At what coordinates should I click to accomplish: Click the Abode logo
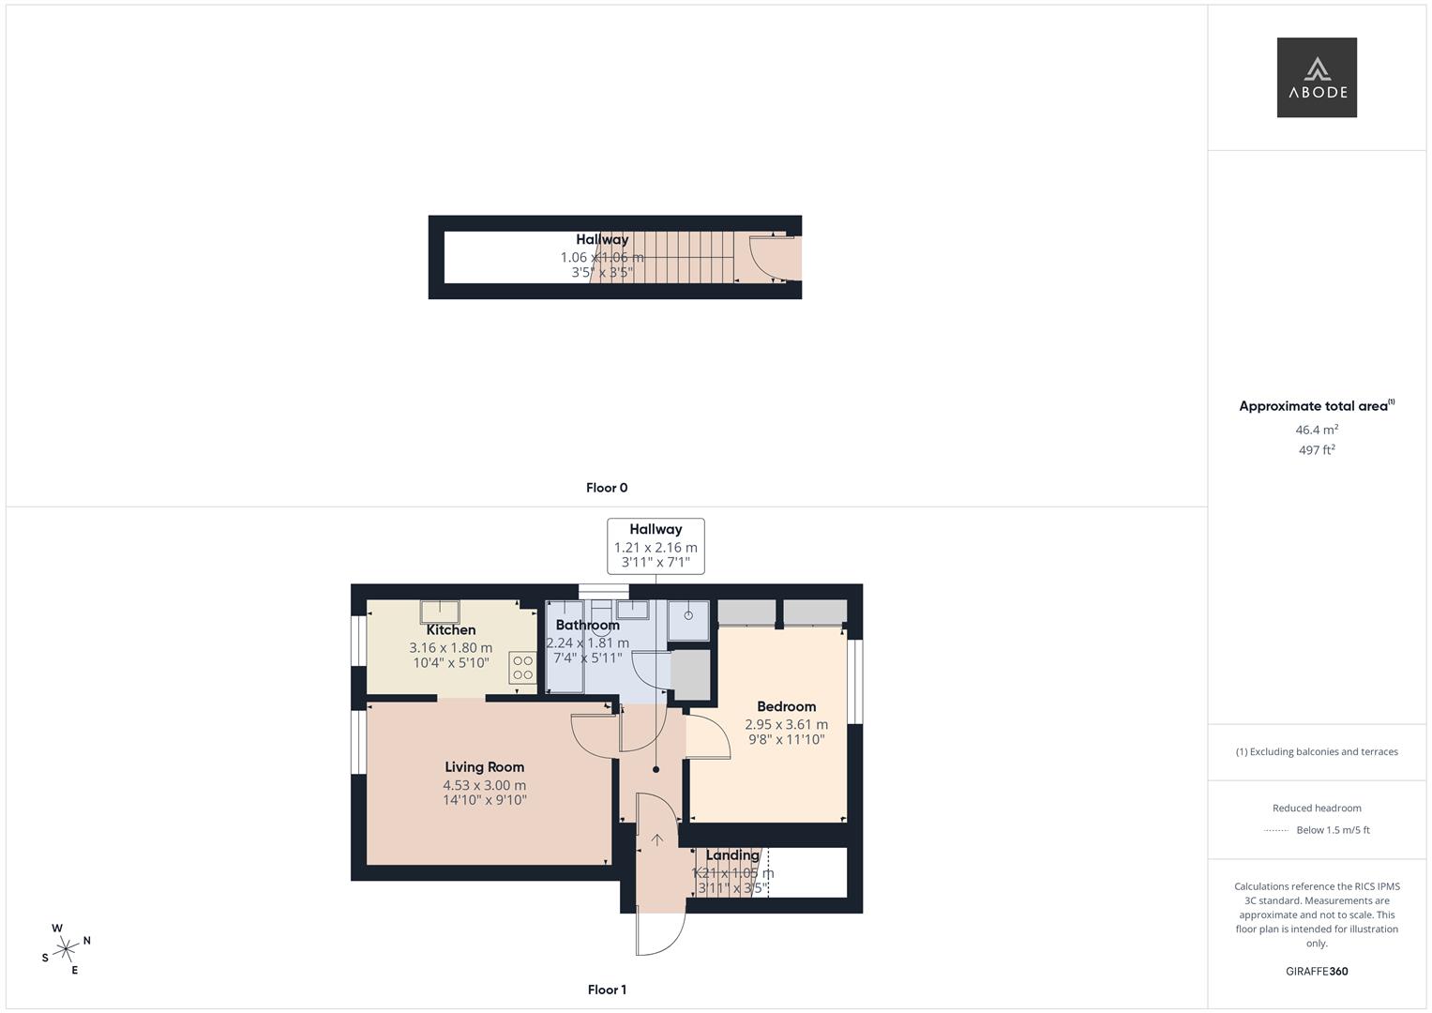(x=1316, y=78)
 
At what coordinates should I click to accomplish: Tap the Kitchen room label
(x=451, y=630)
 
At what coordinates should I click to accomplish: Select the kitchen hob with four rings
(x=522, y=667)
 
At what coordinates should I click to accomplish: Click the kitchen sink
(x=439, y=611)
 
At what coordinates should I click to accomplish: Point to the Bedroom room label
(x=786, y=706)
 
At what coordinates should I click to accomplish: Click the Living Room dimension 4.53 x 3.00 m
(x=484, y=786)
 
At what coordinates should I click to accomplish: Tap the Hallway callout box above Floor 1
(x=656, y=546)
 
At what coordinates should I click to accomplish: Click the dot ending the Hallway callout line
(x=656, y=770)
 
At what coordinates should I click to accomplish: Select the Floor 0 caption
(x=607, y=488)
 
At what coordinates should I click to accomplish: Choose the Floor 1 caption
(x=607, y=990)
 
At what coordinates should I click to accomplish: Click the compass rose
(x=66, y=949)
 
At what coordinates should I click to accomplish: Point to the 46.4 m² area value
(x=1317, y=430)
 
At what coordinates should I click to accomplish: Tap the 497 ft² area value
(x=1317, y=450)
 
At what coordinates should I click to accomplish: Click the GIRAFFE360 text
(x=1317, y=972)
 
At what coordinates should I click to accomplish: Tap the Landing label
(x=732, y=855)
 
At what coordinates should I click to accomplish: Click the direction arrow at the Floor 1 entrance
(x=657, y=840)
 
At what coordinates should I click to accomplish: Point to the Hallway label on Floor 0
(x=602, y=239)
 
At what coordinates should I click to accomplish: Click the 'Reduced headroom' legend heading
(x=1317, y=809)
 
